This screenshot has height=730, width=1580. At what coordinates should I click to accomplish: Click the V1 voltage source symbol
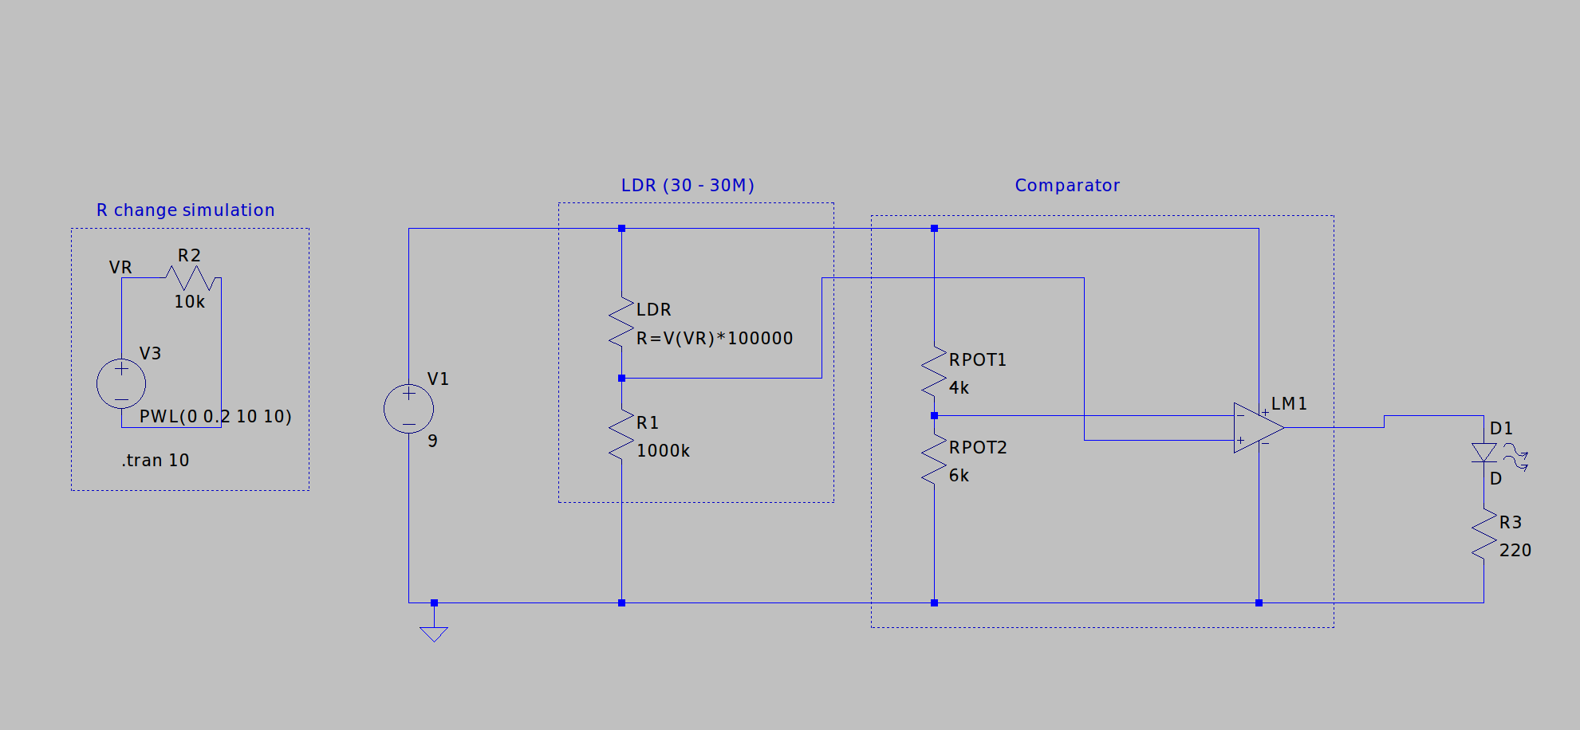pos(408,409)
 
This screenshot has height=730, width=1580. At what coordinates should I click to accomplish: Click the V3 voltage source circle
pos(121,383)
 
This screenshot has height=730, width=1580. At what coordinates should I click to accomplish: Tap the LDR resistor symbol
pos(621,322)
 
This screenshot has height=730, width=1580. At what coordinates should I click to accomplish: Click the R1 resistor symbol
pos(621,434)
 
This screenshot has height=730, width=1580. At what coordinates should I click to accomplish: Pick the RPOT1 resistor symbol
pos(934,371)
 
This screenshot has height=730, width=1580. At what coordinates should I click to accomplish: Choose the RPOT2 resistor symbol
pos(934,460)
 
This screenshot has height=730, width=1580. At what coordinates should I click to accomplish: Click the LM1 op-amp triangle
pos(1256,428)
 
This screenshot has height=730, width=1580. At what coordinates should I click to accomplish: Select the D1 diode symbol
pos(1483,453)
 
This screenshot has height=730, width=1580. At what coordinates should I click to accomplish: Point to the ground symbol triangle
pos(434,634)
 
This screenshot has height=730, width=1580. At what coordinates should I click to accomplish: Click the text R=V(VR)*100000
pos(714,339)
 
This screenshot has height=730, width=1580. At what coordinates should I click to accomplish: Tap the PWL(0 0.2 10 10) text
pos(215,417)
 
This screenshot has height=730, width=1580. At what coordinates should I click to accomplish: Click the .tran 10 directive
pos(156,461)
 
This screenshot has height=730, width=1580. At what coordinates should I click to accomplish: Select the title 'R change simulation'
pos(185,210)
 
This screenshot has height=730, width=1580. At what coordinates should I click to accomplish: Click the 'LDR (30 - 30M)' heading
pos(688,186)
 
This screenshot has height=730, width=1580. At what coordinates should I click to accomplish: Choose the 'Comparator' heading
pos(1067,186)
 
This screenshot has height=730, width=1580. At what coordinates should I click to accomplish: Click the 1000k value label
pos(663,451)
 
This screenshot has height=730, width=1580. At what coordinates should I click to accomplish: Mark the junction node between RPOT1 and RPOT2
pos(934,416)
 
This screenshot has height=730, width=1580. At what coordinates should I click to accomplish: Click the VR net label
pos(120,268)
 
